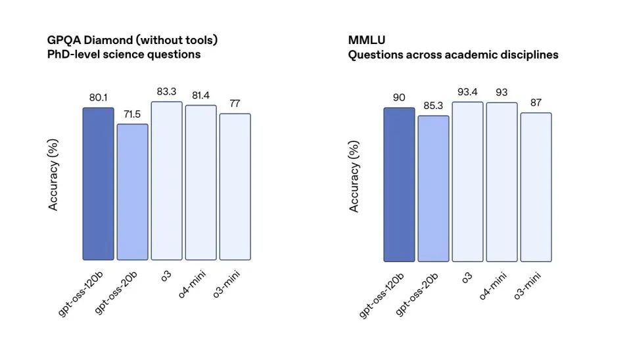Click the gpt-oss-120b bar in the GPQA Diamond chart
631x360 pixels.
click(99, 184)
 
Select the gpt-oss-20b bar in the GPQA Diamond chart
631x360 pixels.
click(133, 192)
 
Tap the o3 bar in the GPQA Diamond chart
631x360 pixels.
click(167, 181)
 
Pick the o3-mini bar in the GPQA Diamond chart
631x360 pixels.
click(235, 187)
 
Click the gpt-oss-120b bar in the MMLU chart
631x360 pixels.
click(400, 185)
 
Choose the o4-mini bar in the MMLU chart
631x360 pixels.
click(502, 182)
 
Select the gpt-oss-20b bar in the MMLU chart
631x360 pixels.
click(434, 189)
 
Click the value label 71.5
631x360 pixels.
click(133, 114)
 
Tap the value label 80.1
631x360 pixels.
click(99, 98)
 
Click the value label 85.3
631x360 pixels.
click(434, 106)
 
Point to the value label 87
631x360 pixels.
click(536, 103)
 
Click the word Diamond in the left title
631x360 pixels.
click(108, 40)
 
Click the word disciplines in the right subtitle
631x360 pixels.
click(528, 55)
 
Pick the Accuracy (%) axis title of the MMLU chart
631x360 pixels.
click(354, 176)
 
